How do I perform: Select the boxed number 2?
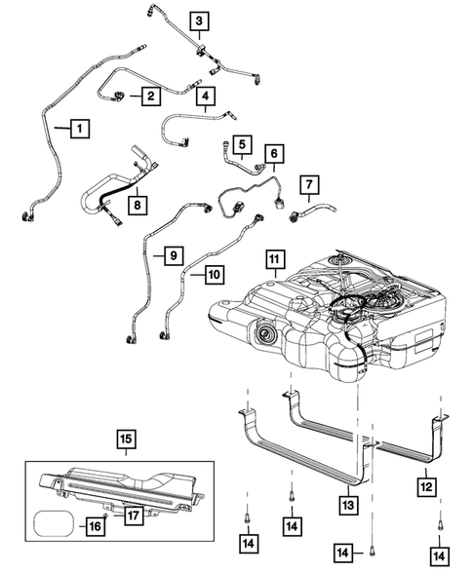150,96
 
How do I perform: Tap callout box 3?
199,20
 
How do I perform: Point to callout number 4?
205,96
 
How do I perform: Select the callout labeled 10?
213,275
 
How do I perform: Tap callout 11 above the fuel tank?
276,260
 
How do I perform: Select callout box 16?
94,527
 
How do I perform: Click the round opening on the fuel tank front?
262,338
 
